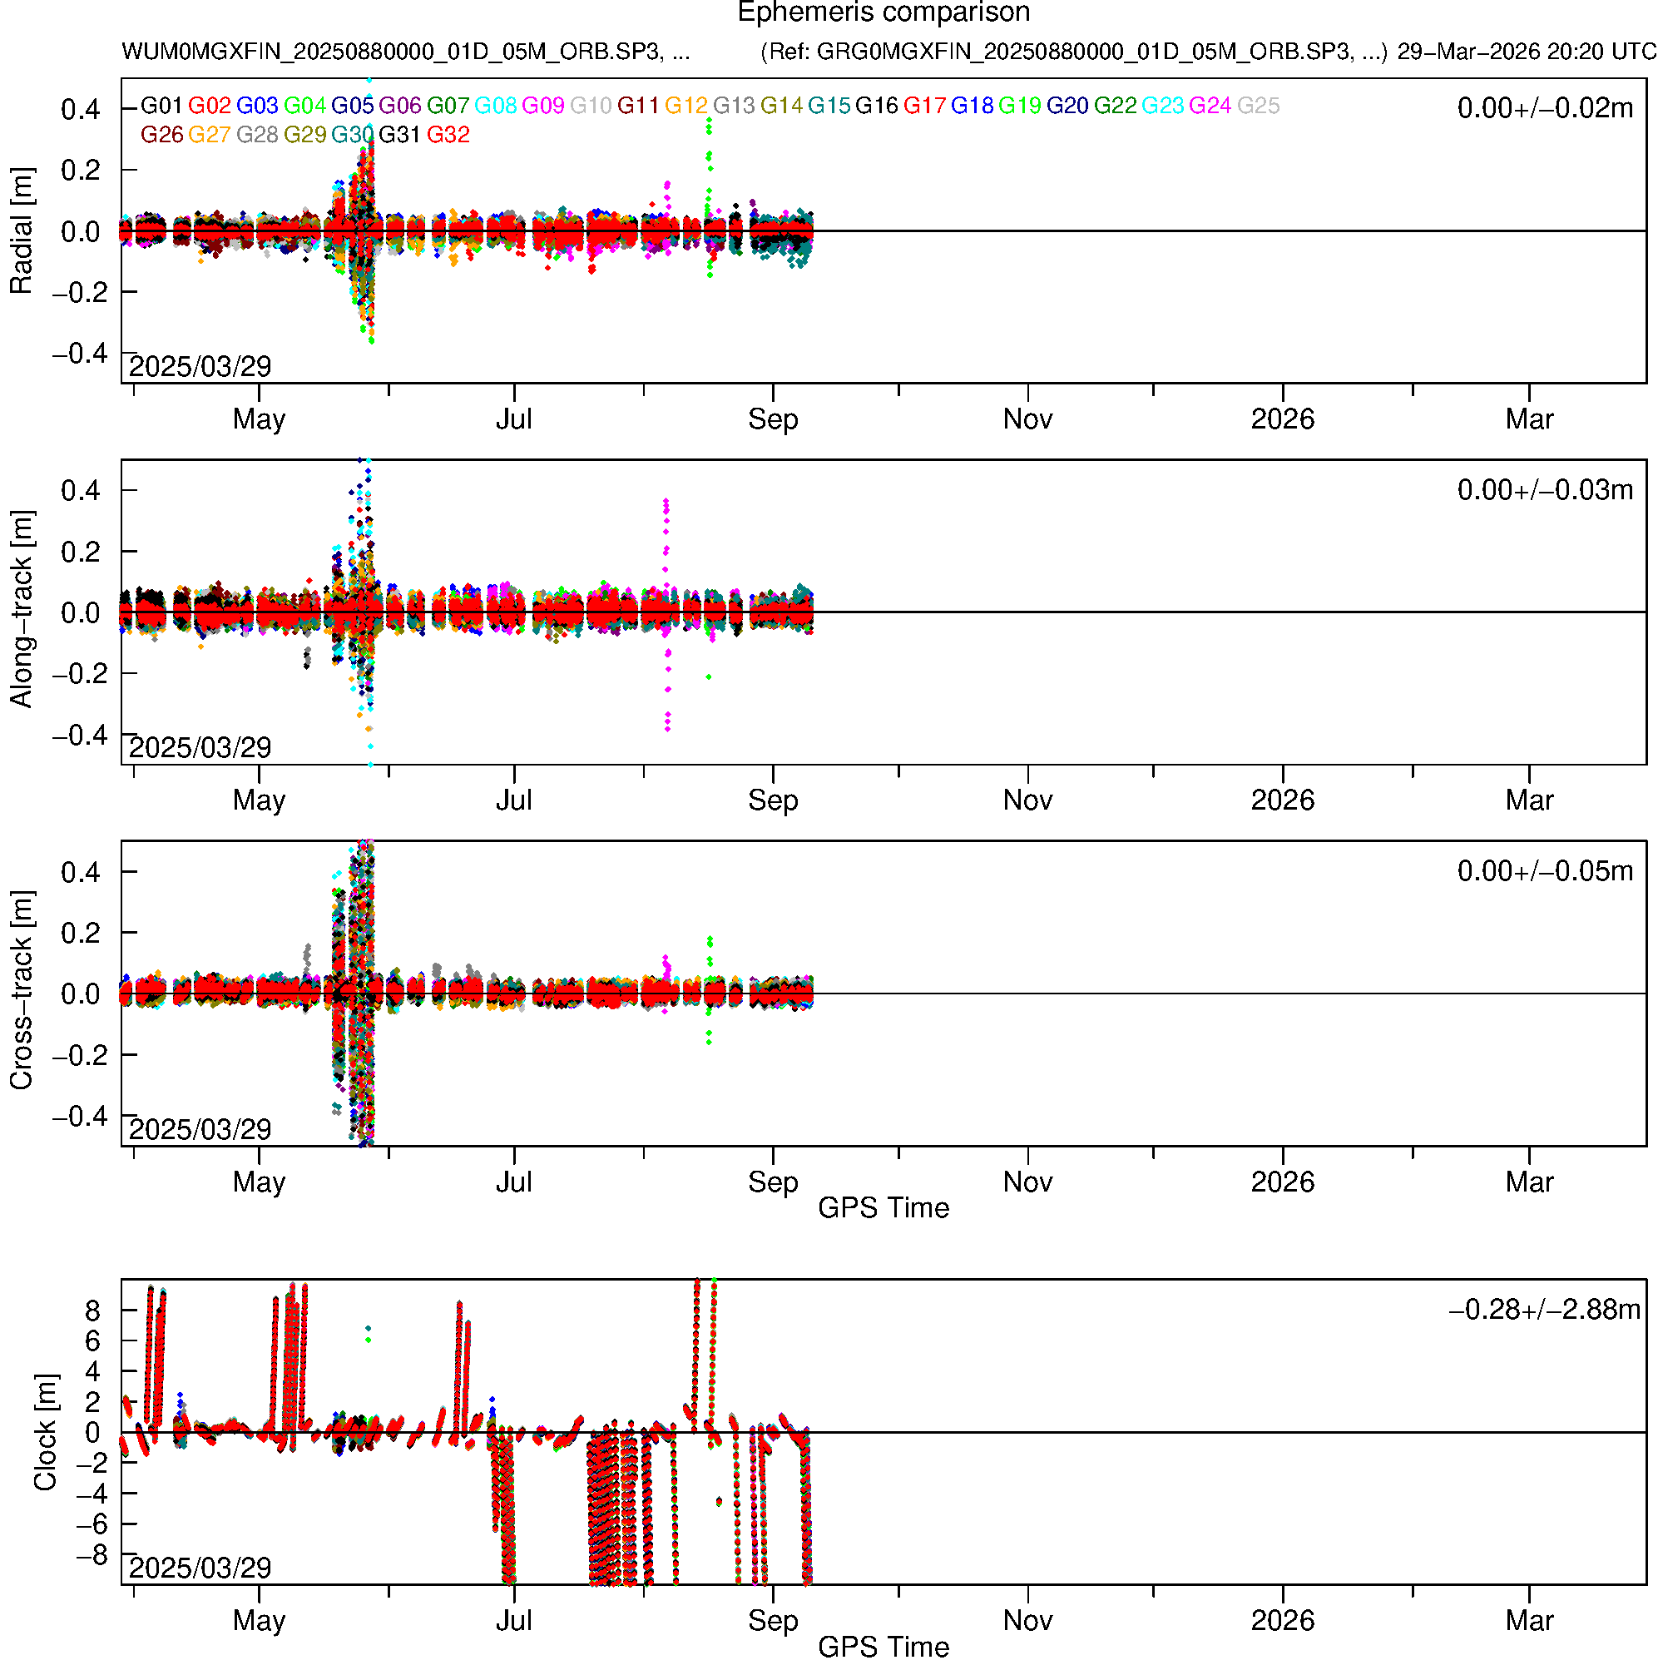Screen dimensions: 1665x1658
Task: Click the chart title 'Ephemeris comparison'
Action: point(883,13)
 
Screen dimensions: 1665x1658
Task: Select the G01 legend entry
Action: point(161,106)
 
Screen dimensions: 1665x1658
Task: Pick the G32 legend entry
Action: point(448,136)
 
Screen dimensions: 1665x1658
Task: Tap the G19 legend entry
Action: point(1019,106)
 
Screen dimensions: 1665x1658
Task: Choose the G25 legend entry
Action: point(1258,106)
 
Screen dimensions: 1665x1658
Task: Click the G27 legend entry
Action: point(210,136)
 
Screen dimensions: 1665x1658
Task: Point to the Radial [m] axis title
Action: point(22,231)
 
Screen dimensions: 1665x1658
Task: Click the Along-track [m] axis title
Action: point(22,609)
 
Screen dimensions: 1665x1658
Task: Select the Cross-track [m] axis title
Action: point(22,991)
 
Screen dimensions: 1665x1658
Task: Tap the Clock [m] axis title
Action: point(45,1431)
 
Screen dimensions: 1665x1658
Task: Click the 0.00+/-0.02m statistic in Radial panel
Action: point(1544,108)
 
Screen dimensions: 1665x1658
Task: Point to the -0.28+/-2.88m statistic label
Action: point(1544,1310)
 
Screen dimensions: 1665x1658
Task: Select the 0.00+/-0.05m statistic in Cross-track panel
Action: point(1544,871)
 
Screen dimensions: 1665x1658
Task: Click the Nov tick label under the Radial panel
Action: point(1027,419)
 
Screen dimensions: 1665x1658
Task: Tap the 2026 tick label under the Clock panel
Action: point(1282,1621)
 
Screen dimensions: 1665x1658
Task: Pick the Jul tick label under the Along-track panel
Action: point(513,800)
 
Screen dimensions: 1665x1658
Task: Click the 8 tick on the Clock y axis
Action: point(92,1311)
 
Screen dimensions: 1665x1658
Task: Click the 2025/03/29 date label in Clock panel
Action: point(200,1568)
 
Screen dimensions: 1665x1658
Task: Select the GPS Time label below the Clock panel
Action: point(883,1647)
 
